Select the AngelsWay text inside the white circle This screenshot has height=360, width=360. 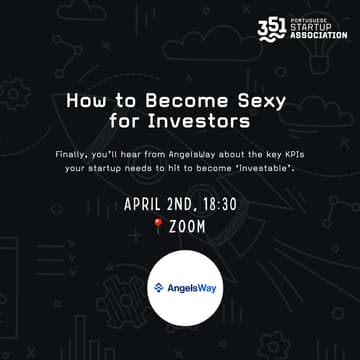tap(185, 288)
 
